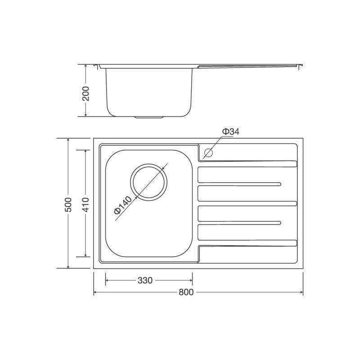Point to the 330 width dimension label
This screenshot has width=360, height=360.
click(144, 280)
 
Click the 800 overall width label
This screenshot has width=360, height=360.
click(186, 292)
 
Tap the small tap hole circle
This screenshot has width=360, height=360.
click(207, 153)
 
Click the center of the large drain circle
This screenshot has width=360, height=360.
click(148, 180)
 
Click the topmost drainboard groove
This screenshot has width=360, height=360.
click(247, 163)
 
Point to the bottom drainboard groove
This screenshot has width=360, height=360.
click(247, 243)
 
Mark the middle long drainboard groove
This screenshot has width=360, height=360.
click(247, 203)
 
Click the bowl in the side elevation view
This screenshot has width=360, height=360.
click(148, 90)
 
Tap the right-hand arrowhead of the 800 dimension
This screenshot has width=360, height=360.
click(301, 292)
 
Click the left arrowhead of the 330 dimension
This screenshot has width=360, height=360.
click(107, 280)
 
